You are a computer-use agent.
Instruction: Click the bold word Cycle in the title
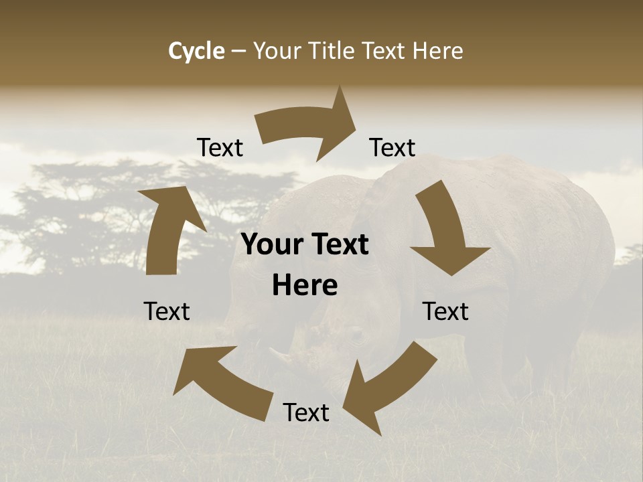pos(196,51)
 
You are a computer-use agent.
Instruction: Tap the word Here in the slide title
pos(438,51)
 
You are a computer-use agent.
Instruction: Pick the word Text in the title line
pos(384,51)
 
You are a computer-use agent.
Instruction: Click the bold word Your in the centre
pos(274,245)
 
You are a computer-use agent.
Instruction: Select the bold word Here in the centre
pos(305,286)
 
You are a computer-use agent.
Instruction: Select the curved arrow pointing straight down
pos(445,231)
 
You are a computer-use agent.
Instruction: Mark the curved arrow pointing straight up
pos(167,228)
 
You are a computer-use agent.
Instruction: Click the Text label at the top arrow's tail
pos(220,148)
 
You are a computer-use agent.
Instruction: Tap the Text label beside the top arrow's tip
pos(392,148)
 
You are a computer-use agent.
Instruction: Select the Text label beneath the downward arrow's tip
pos(445,312)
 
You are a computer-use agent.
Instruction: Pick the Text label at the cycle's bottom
pos(306,413)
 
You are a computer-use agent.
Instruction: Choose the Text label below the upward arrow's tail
pos(167,312)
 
